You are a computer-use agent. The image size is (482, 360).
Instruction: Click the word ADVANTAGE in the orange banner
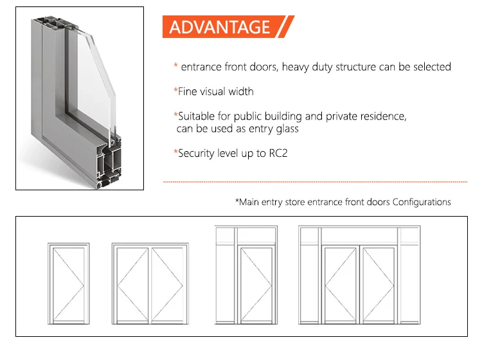point(220,27)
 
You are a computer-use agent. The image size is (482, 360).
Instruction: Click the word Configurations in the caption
point(422,202)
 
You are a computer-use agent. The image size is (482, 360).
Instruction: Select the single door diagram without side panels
point(69,282)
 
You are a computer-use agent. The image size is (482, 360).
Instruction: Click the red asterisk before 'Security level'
point(175,153)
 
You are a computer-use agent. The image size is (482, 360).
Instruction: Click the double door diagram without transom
point(149,282)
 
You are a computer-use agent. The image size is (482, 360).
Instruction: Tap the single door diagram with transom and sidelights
point(247,275)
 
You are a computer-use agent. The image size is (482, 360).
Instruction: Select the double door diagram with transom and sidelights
point(359,275)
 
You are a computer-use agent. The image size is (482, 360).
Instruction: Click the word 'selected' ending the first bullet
point(432,66)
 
